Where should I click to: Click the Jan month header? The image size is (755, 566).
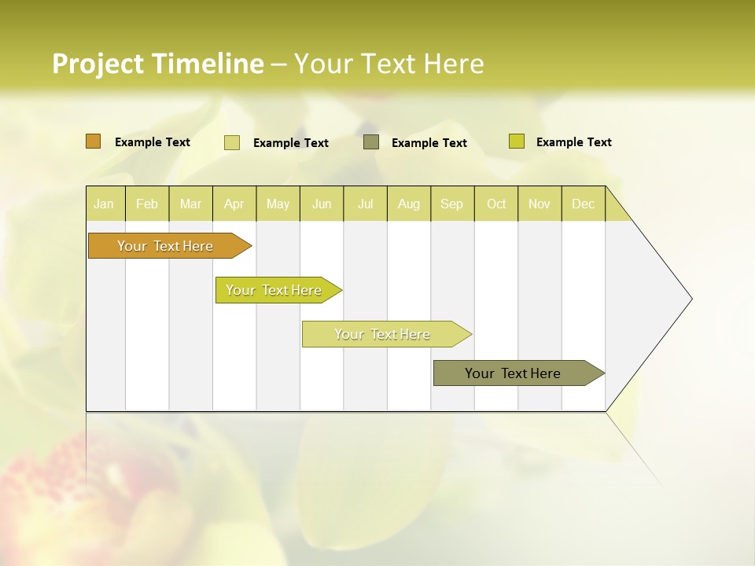[105, 204]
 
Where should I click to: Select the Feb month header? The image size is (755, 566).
[147, 204]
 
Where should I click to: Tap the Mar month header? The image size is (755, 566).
[190, 204]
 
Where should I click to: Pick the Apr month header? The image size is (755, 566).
[234, 204]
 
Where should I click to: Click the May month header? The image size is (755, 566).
[278, 204]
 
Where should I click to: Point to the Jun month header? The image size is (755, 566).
[322, 204]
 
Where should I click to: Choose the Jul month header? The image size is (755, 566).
[365, 204]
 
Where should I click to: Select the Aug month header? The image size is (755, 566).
[409, 204]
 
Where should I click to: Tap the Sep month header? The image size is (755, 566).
[452, 204]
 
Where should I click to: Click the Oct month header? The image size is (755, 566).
[496, 204]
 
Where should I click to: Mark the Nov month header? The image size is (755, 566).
[540, 204]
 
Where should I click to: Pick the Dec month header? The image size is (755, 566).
[584, 204]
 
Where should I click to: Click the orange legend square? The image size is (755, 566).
[94, 141]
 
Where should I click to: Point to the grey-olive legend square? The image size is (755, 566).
[371, 141]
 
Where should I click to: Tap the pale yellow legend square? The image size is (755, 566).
[232, 142]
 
